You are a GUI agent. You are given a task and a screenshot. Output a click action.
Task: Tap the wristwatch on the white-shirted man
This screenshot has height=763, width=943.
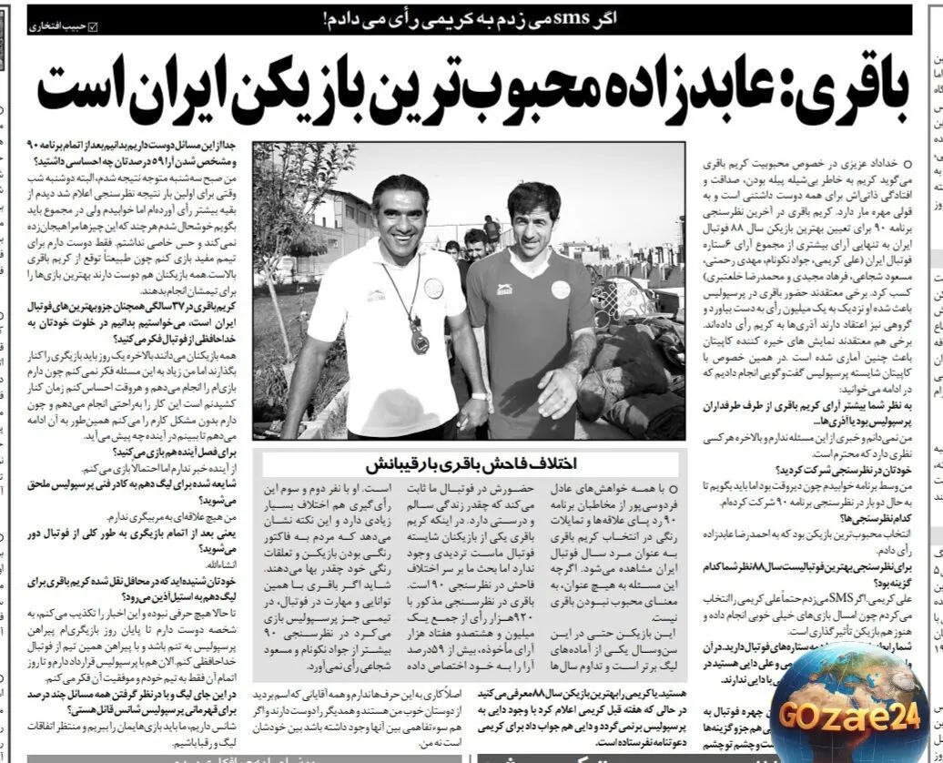[x=479, y=396]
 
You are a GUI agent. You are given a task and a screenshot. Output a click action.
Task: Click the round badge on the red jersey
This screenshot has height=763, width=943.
[x=560, y=290]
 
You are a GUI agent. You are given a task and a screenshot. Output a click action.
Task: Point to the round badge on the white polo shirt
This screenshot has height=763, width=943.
[x=433, y=288]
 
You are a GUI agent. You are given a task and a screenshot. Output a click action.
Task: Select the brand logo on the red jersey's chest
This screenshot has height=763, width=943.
[x=503, y=290]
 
